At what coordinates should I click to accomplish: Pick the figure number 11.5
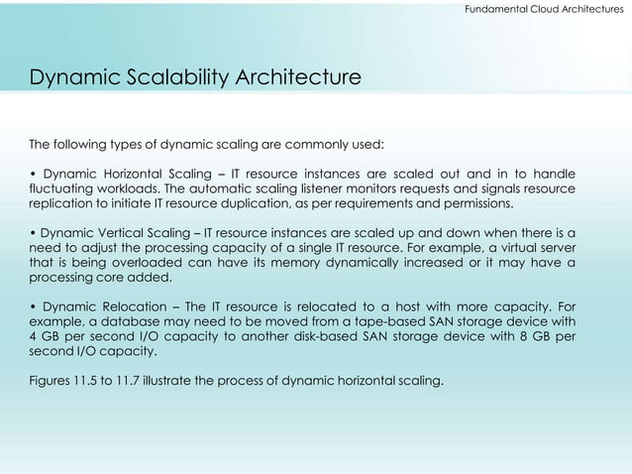point(92,382)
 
